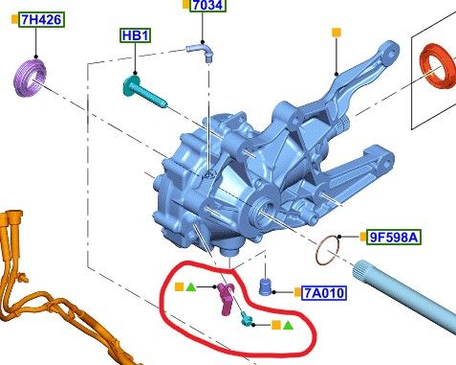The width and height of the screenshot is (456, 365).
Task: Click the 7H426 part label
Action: pyautogui.click(x=42, y=20)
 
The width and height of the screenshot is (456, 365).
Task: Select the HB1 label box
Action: pyautogui.click(x=136, y=35)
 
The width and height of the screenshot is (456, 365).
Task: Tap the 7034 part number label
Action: pyautogui.click(x=208, y=6)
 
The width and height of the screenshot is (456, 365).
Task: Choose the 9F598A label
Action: pyautogui.click(x=394, y=238)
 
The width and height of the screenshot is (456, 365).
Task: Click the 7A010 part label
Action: pyautogui.click(x=324, y=292)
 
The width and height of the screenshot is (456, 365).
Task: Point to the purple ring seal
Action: pyautogui.click(x=31, y=78)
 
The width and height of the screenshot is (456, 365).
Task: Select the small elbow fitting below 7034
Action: pyautogui.click(x=201, y=52)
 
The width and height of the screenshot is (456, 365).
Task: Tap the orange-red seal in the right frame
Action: pyautogui.click(x=438, y=67)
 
